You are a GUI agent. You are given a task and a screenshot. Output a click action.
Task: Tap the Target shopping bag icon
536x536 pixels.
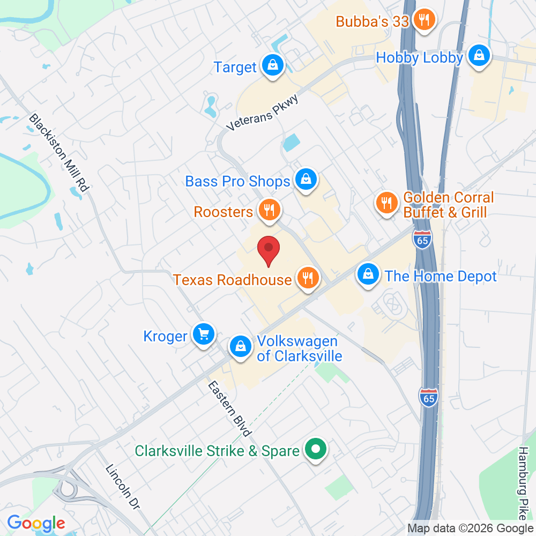(273, 66)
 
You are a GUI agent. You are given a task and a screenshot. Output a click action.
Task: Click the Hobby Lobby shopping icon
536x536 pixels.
(479, 56)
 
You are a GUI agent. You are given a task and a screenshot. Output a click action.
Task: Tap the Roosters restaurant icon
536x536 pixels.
(268, 210)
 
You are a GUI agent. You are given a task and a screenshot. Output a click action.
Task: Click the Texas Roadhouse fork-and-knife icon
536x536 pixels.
(307, 278)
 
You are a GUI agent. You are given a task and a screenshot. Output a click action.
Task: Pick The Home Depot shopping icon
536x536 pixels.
(368, 275)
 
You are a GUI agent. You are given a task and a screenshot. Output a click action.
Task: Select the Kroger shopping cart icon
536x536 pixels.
(203, 335)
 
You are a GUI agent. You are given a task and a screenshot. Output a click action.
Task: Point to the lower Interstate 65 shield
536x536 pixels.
(428, 397)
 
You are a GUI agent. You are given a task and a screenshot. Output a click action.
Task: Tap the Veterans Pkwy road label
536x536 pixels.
(262, 111)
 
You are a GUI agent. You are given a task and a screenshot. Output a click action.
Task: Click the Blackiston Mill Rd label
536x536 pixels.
(58, 153)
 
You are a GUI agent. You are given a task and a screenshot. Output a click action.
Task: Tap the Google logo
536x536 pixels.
(36, 523)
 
